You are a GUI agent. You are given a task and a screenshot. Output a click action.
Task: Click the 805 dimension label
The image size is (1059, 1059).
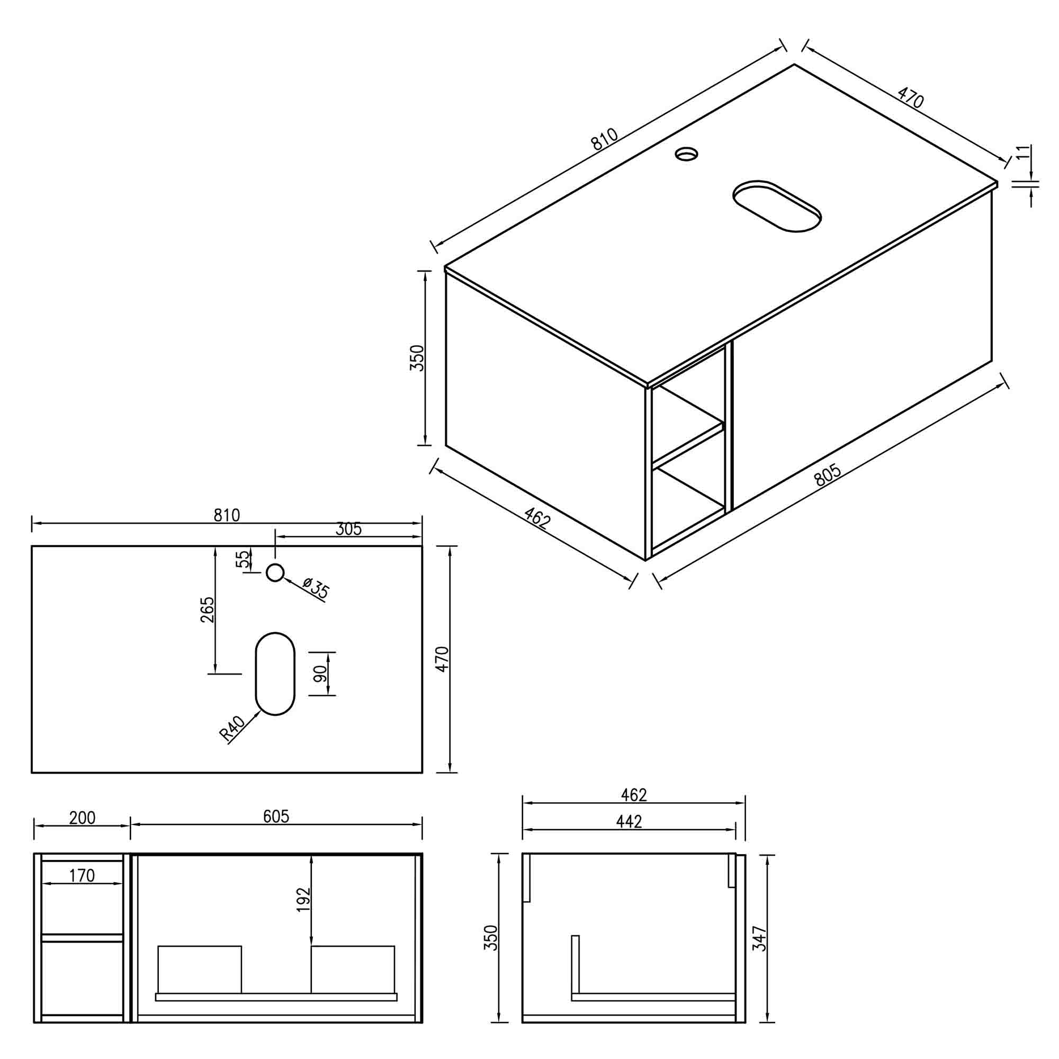click(828, 474)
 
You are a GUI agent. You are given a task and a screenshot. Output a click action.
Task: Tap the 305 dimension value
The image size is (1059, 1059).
click(348, 529)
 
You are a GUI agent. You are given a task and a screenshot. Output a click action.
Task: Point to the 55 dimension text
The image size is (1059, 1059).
click(243, 559)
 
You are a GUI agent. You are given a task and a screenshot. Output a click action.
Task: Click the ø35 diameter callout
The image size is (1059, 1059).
click(315, 588)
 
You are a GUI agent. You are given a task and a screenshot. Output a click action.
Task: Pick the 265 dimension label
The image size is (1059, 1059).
click(208, 609)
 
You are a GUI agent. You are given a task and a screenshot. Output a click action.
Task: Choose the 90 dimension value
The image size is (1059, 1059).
click(321, 673)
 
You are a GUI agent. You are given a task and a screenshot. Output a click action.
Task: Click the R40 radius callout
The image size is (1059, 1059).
click(232, 729)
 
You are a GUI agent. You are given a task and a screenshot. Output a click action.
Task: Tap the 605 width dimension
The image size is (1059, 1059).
click(276, 816)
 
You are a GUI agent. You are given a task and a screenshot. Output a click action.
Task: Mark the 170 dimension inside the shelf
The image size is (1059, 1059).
click(82, 875)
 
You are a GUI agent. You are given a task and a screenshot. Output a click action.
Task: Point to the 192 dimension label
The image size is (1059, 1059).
click(303, 900)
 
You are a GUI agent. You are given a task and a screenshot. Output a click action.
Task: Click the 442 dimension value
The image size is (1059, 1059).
click(629, 821)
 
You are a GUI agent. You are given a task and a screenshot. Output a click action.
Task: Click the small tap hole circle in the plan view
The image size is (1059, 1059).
click(275, 573)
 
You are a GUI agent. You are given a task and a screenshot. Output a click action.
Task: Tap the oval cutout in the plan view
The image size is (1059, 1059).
click(275, 674)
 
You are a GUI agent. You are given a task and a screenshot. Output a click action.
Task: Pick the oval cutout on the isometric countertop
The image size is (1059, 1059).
click(777, 205)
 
